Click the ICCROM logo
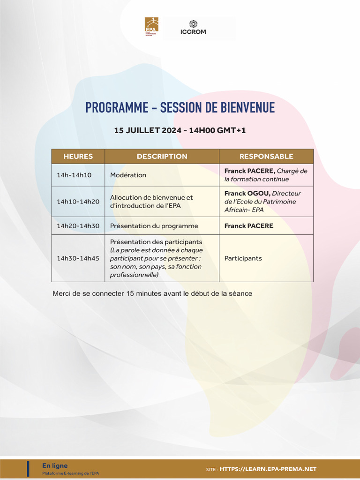pyautogui.click(x=193, y=28)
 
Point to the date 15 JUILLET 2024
pyautogui.click(x=148, y=130)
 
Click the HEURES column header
pyautogui.click(x=78, y=157)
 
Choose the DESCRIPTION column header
pyautogui.click(x=162, y=157)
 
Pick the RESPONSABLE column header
pyautogui.click(x=266, y=157)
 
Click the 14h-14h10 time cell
pyautogui.click(x=74, y=175)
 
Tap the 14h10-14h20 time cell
pyautogui.click(x=78, y=202)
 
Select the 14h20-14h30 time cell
pyautogui.click(x=78, y=226)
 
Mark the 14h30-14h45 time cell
pyautogui.click(x=78, y=258)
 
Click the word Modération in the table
pyautogui.click(x=128, y=175)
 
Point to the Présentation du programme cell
pyautogui.click(x=154, y=226)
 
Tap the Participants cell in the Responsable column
pyautogui.click(x=243, y=258)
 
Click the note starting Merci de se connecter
pyautogui.click(x=152, y=293)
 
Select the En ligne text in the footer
pyautogui.click(x=55, y=465)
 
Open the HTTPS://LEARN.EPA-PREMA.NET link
pyautogui.click(x=268, y=469)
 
